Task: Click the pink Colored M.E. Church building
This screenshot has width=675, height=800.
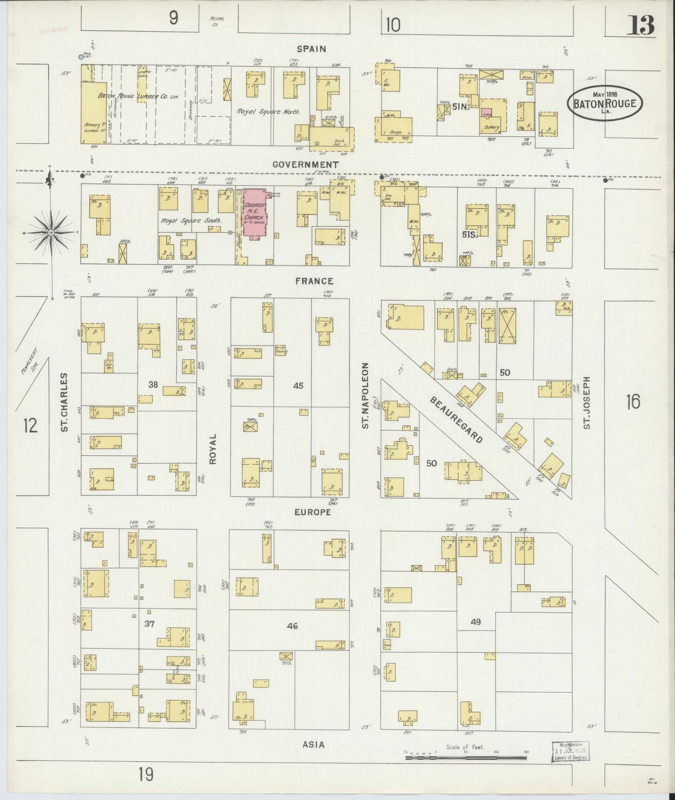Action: (254, 214)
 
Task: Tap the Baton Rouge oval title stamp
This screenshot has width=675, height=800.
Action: (604, 103)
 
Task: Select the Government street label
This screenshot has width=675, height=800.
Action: (306, 164)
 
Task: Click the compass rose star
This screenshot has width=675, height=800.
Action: (51, 232)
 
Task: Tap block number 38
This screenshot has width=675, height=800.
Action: (153, 385)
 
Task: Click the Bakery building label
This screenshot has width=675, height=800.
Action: (491, 127)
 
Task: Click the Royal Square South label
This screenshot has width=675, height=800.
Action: (191, 220)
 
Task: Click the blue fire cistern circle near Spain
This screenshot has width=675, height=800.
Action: (81, 57)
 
